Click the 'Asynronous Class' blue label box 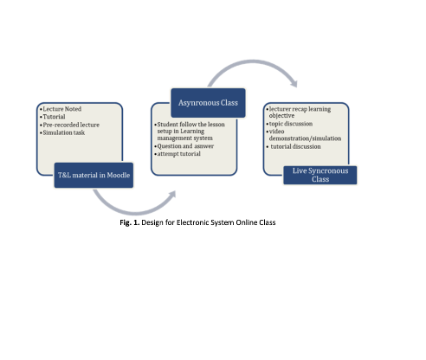tap(208, 103)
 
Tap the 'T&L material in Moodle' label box tap(94, 175)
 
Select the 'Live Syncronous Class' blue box tap(320, 175)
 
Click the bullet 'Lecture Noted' tap(61, 109)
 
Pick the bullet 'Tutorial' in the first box tap(53, 117)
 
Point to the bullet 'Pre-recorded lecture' tap(69, 125)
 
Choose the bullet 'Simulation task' tap(62, 132)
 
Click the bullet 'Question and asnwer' tap(184, 146)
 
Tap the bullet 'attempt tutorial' tap(177, 154)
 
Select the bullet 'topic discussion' tap(289, 124)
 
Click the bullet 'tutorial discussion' tap(294, 146)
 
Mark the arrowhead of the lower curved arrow tap(172, 195)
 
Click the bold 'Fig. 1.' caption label tap(130, 222)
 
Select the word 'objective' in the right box tap(281, 116)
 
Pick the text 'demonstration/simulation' tap(305, 138)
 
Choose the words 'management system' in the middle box tap(184, 138)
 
